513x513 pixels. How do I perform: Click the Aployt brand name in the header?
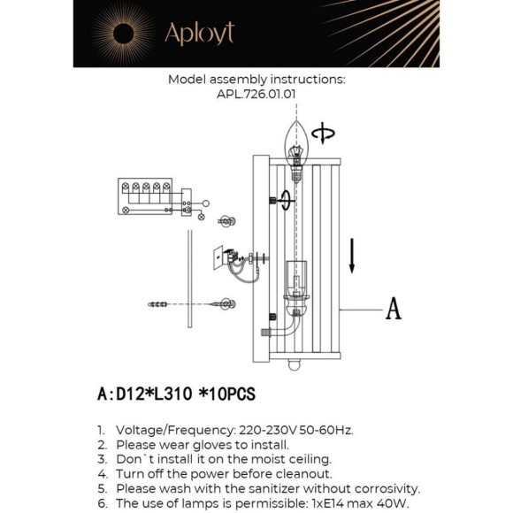199,34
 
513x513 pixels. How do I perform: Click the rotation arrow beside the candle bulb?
325,134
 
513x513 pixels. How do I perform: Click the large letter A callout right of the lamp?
393,308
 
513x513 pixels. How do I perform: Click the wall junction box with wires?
222,258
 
